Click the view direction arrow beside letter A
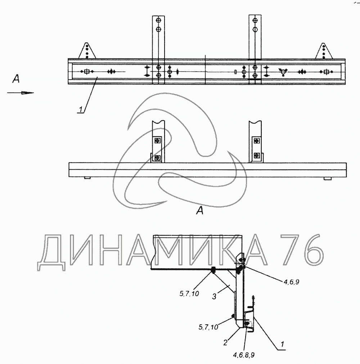pos(21,93)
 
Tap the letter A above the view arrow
pos(15,79)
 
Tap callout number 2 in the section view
pos(225,342)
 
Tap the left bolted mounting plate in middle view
pos(157,149)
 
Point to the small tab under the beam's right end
pos(327,178)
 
